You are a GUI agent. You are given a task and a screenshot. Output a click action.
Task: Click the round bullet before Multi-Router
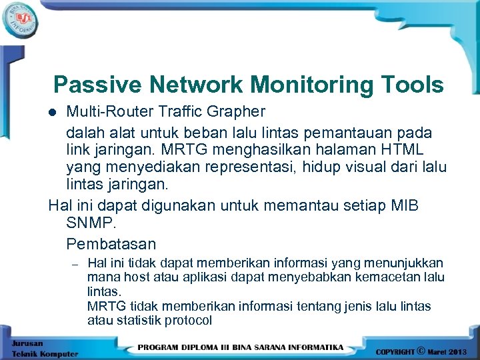57,111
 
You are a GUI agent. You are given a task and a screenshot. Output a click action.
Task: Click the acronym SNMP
88,223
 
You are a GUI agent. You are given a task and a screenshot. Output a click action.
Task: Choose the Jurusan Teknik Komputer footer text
44,348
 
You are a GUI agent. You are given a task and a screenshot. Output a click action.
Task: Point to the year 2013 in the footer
459,351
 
